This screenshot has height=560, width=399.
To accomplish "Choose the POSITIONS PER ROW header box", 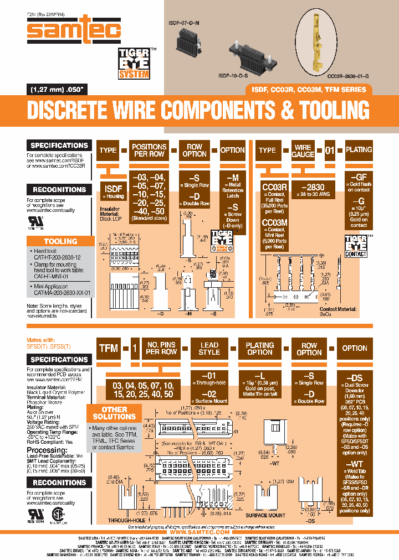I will tap(149, 151).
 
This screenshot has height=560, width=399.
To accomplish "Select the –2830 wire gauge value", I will tap(312, 187).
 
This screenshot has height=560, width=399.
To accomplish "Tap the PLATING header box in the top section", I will tap(359, 150).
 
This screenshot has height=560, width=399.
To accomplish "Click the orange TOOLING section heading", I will tap(60, 241).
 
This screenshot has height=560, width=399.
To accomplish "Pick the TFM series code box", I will tap(109, 348).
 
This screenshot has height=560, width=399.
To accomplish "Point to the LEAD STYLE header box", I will tap(209, 349).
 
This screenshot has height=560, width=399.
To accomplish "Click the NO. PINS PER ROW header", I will tap(161, 348).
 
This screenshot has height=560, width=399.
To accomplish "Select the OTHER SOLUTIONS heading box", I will tap(114, 413).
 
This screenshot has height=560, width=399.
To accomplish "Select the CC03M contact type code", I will tap(274, 222).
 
